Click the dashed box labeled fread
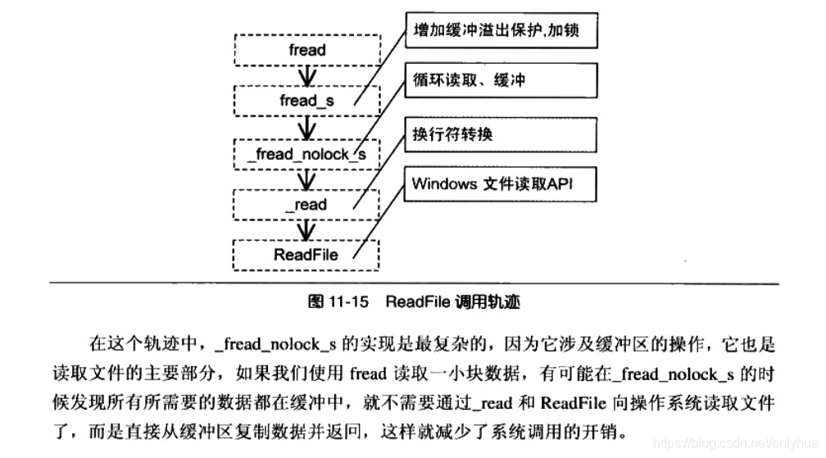(306, 50)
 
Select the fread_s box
(306, 101)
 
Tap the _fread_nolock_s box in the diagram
(306, 153)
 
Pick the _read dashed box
(306, 204)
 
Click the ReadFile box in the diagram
(306, 254)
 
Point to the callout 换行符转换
(497, 133)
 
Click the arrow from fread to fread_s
(306, 75)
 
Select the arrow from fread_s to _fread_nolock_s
(306, 127)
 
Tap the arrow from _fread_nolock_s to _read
(306, 179)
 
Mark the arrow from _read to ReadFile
(306, 229)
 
